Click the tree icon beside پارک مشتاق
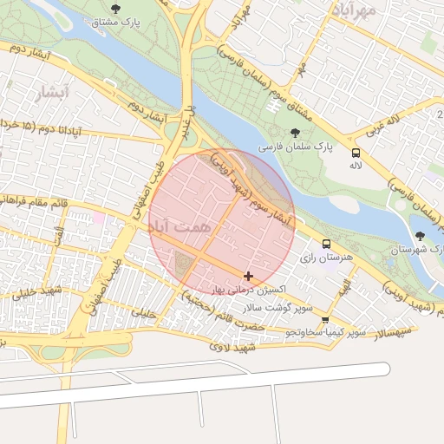pos(115,7)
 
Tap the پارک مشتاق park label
pos(115,20)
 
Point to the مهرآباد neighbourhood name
pos(355,10)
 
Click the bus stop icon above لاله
pos(356,151)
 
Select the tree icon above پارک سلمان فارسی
pos(297,134)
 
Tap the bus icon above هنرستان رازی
pos(326,245)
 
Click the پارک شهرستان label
pos(412,249)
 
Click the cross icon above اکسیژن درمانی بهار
pos(249,276)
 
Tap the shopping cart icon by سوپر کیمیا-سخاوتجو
pos(325,320)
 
